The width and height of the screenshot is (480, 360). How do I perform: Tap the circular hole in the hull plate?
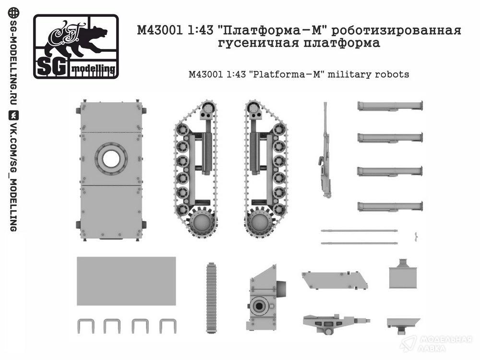click(111, 158)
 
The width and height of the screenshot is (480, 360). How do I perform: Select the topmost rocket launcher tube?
click(390, 106)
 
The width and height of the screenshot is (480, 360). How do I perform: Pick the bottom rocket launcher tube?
click(390, 206)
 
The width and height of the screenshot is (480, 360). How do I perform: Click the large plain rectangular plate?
click(126, 281)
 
